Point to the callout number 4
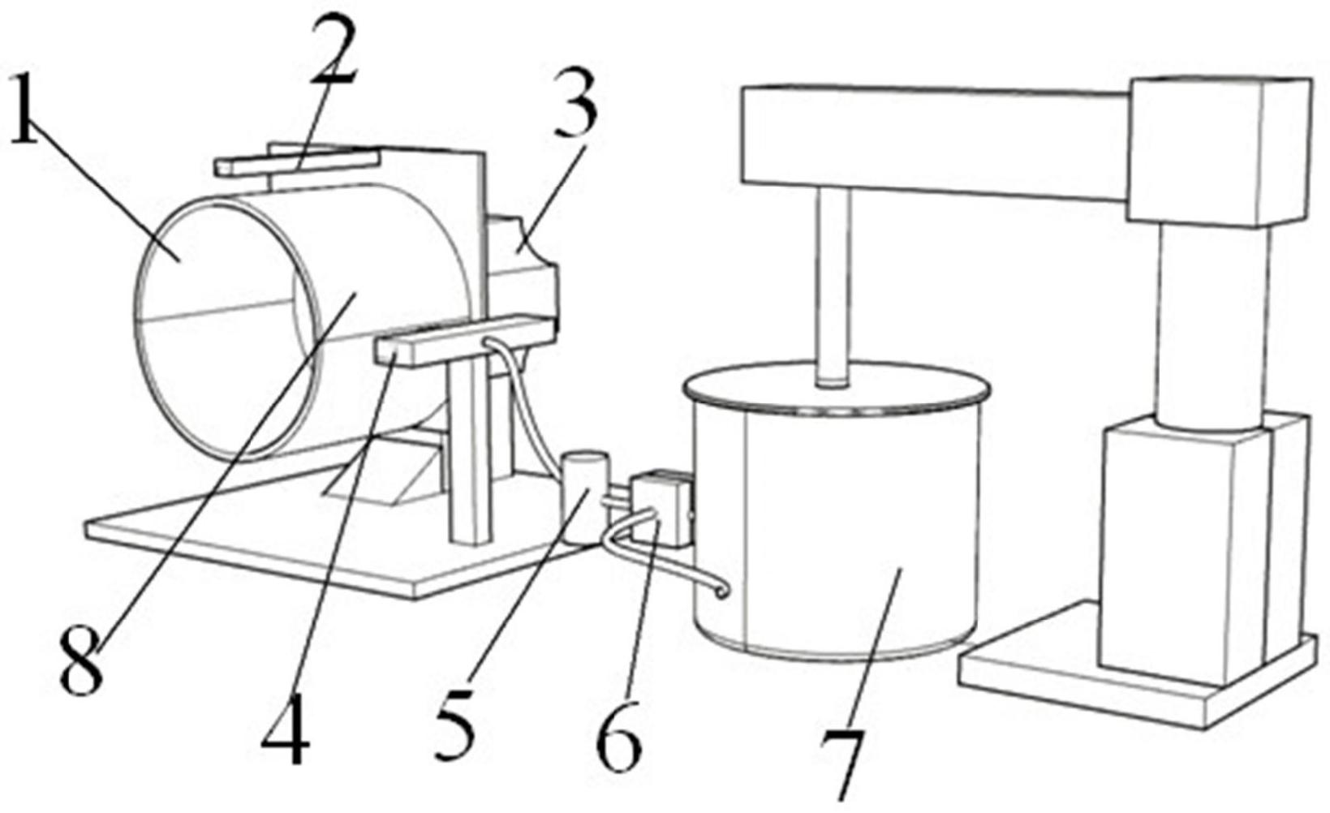coord(286,730)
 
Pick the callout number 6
coord(619,734)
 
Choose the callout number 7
coord(842,764)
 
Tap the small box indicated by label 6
coord(661,509)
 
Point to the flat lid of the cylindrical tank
coord(837,388)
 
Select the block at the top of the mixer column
coord(1220,152)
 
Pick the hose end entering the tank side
coord(720,591)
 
